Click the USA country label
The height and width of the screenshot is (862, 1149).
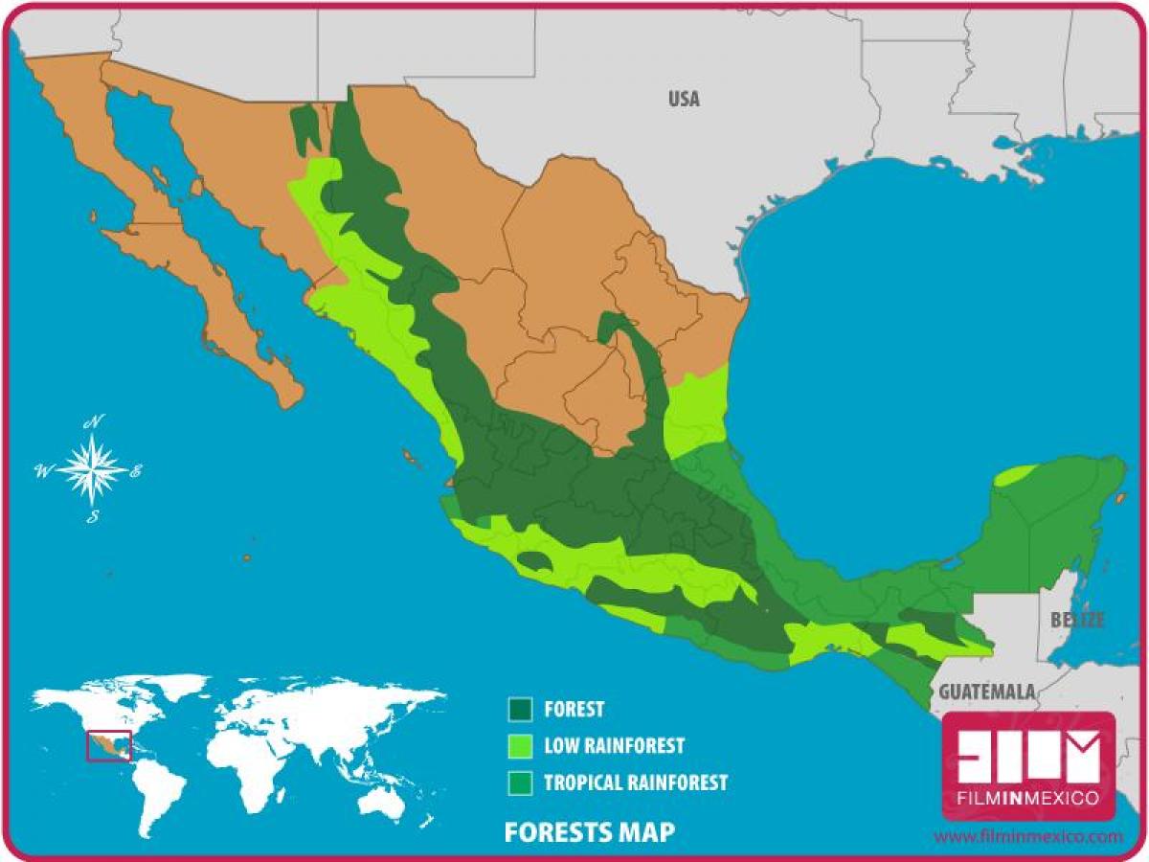point(684,99)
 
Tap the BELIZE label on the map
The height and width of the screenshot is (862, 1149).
point(1077,620)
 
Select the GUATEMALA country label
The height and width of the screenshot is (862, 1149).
point(987,692)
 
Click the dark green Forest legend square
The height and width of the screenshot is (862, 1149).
point(520,709)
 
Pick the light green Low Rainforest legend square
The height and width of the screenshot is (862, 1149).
point(520,745)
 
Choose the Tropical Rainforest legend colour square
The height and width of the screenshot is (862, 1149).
point(520,782)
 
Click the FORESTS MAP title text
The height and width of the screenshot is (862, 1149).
point(589,831)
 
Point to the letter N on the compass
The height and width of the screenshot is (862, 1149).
point(94,422)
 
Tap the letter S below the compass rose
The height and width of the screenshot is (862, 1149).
point(93,517)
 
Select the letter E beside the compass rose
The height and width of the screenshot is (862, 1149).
point(136,470)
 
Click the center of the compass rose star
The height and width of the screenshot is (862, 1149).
point(92,469)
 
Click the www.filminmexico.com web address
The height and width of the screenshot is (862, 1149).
point(1027,836)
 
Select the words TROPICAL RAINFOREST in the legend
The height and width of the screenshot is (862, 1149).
point(636,783)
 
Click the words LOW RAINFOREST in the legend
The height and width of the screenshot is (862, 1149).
point(614,745)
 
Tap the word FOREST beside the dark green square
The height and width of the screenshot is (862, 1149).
point(574,710)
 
